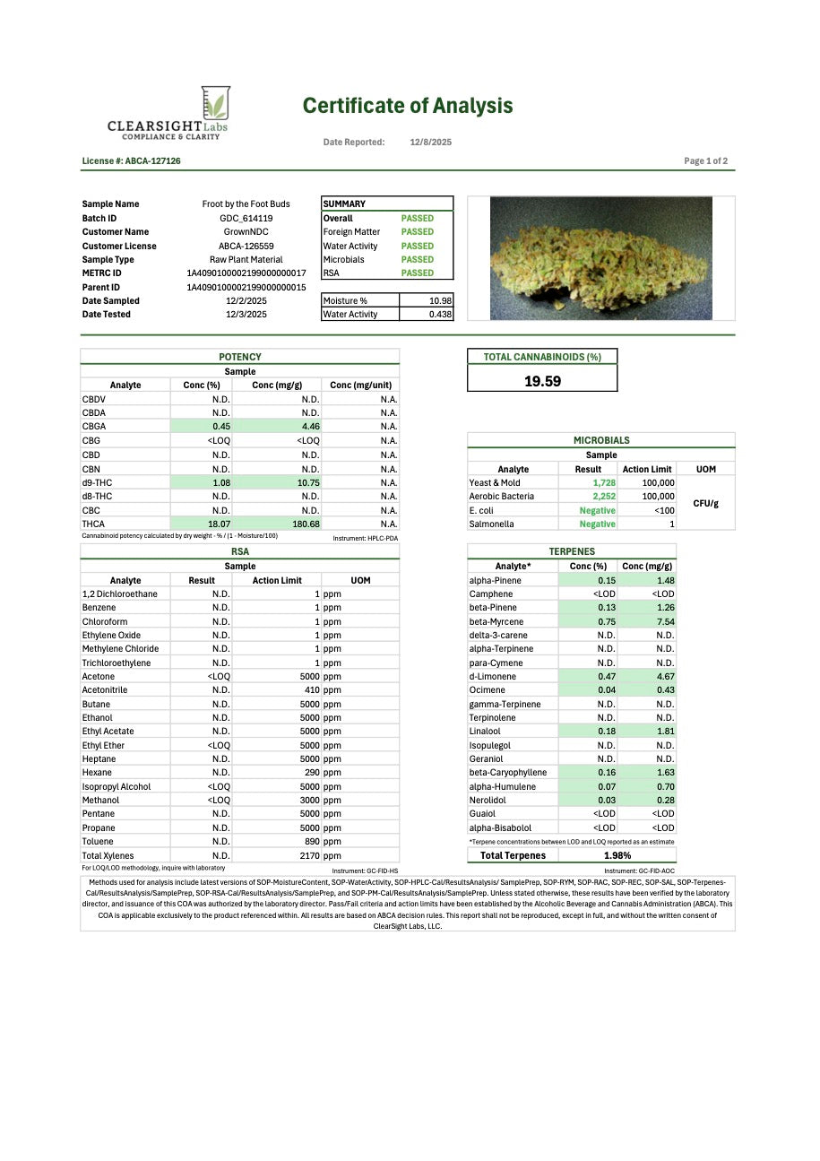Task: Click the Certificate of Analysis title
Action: (408, 106)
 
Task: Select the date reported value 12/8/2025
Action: (431, 143)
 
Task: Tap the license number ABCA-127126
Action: (131, 161)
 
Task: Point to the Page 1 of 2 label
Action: (705, 161)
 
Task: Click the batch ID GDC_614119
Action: (246, 219)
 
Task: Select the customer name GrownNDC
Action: (246, 232)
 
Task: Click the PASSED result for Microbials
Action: (417, 260)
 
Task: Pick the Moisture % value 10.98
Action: (440, 301)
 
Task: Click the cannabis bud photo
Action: (601, 258)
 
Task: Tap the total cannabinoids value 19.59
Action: (542, 381)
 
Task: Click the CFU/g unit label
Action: (705, 503)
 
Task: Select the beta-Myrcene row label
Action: (496, 621)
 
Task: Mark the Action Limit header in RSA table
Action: (277, 581)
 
